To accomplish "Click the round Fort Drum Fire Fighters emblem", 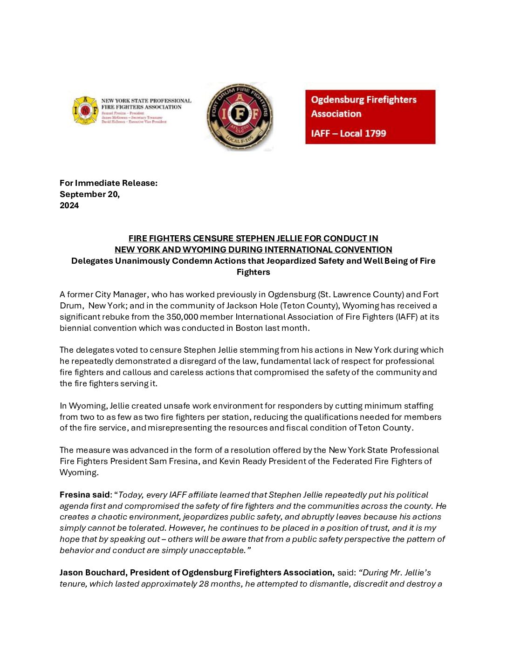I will pos(240,117).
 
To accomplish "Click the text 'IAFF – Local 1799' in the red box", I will pos(348,133).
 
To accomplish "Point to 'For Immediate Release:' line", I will pos(109,183).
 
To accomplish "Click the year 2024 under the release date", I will pos(69,205).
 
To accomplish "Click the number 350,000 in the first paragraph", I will pos(182,317).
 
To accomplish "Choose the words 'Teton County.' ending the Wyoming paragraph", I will pos(386,428).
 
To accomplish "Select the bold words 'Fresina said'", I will pos(84,495).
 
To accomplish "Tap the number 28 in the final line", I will pos(204,584).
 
